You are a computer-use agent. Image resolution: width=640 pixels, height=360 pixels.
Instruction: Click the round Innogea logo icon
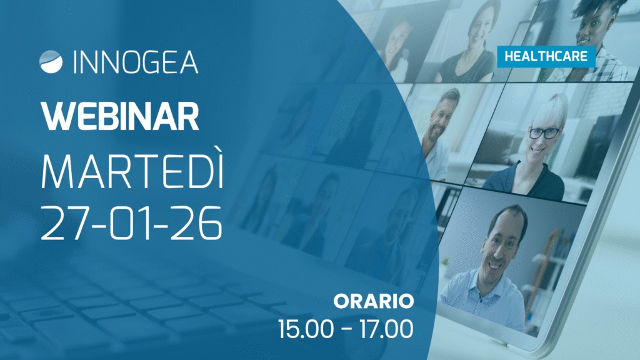51,62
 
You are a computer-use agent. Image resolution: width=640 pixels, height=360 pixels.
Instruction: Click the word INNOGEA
136,62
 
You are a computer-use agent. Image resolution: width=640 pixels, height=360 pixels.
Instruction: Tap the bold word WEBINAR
120,116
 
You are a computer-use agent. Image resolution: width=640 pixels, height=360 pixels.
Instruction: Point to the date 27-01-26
131,223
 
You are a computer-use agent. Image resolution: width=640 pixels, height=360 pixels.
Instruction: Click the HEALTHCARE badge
546,56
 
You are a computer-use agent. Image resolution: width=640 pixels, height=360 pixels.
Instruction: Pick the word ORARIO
374,301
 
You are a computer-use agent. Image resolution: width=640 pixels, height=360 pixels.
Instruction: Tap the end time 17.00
386,329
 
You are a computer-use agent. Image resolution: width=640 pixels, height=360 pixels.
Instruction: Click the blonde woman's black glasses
545,132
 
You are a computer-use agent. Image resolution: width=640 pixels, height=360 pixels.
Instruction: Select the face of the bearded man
440,116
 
